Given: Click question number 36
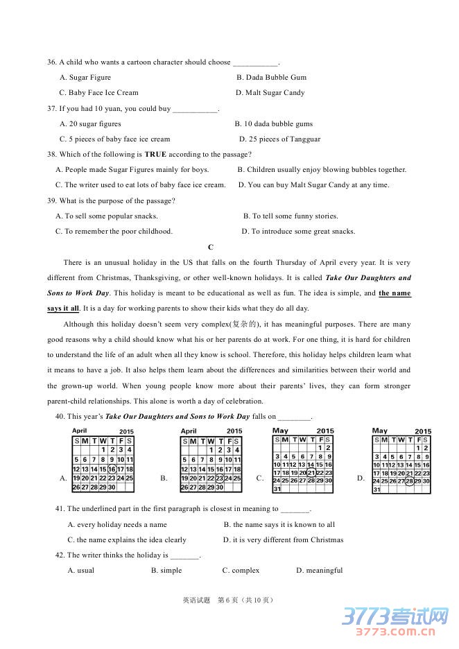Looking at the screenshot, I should click(x=51, y=62).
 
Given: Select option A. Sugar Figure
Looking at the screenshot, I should click(x=85, y=78).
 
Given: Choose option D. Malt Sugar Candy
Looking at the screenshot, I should click(x=270, y=93).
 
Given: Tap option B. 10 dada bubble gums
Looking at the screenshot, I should click(x=273, y=124).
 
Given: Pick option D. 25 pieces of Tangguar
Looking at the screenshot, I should click(x=279, y=139).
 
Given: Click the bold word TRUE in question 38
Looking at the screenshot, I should click(x=155, y=155).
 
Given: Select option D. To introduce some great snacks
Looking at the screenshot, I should click(x=298, y=232).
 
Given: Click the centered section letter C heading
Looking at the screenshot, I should click(x=211, y=248).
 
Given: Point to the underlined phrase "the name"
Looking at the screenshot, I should click(x=395, y=293).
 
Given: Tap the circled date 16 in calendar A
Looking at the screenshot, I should click(x=112, y=469).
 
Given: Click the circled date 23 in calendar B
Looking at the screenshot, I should click(x=219, y=478).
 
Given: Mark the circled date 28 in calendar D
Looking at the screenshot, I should click(x=409, y=481).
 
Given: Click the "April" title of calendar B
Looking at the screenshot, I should click(x=189, y=431).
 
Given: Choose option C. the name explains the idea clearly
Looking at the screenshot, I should click(x=127, y=540).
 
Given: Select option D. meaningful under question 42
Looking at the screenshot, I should click(x=319, y=571).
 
